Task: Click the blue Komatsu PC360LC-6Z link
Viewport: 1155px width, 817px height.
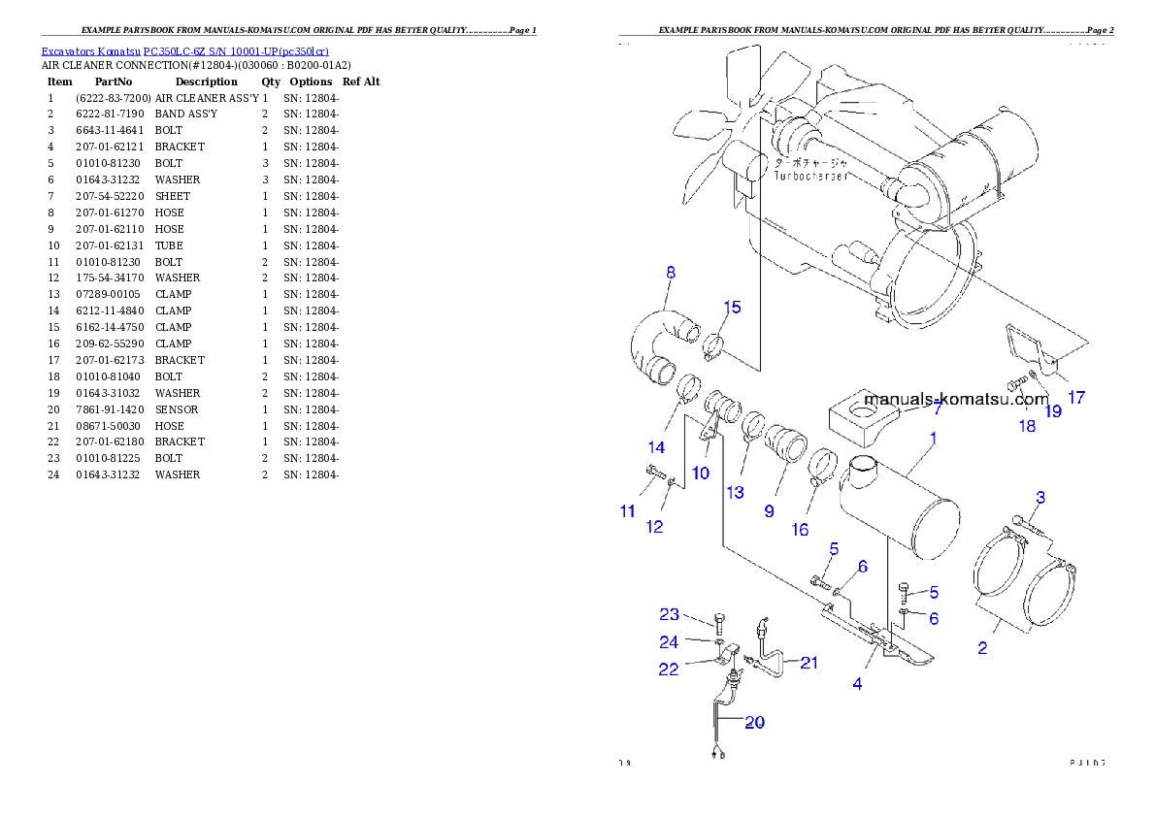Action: pyautogui.click(x=184, y=51)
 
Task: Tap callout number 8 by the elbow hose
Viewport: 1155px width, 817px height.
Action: pyautogui.click(x=670, y=274)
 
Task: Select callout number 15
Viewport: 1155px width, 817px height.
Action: pyautogui.click(x=732, y=308)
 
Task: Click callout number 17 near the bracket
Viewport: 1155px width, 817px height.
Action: pyautogui.click(x=1075, y=397)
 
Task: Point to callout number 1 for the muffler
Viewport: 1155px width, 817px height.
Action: pyautogui.click(x=933, y=439)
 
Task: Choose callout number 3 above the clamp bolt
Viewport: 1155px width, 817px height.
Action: pyautogui.click(x=1039, y=498)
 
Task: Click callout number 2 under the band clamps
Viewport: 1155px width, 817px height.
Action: pyautogui.click(x=982, y=648)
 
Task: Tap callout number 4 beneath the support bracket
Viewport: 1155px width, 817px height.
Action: pyautogui.click(x=857, y=684)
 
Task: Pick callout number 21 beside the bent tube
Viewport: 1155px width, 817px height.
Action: pyautogui.click(x=808, y=663)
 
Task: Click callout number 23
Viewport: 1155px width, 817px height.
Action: pyautogui.click(x=670, y=614)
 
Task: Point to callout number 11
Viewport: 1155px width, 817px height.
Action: pyautogui.click(x=628, y=511)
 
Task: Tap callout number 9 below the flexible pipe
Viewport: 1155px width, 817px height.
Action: pyautogui.click(x=769, y=510)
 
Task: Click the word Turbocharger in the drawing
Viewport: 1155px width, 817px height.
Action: pyautogui.click(x=811, y=178)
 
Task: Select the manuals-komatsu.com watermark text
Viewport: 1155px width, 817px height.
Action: pyautogui.click(x=955, y=399)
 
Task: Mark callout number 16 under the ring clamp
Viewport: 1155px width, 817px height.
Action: pyautogui.click(x=799, y=529)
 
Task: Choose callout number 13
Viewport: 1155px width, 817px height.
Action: pyautogui.click(x=735, y=493)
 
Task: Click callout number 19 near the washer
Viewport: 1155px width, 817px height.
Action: pyautogui.click(x=1052, y=411)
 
